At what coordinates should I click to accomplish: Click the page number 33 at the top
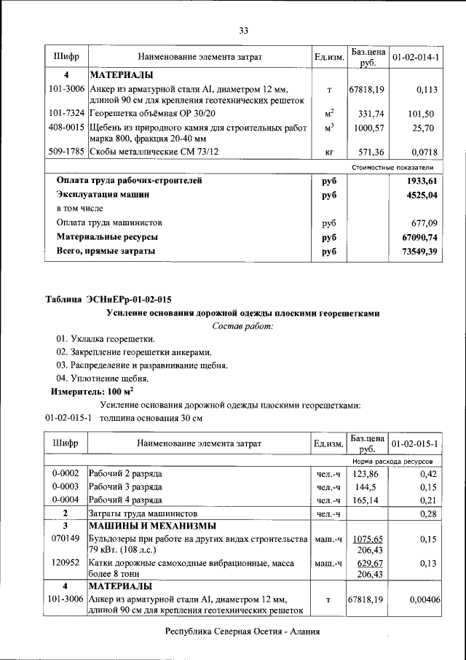coord(243,30)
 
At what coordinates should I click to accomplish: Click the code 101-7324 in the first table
coord(66,114)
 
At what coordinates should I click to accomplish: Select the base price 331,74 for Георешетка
coord(371,114)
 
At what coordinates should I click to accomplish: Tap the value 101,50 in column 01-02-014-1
coord(421,114)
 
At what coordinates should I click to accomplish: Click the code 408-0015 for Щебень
coord(66,128)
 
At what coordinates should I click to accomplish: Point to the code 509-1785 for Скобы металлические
coord(66,152)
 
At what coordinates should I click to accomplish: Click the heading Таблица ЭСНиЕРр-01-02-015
coord(108,299)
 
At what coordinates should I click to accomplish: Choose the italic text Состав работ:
coord(242,325)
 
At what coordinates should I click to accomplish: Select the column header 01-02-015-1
coord(414,443)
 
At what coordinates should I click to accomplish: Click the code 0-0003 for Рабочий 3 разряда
coord(66,486)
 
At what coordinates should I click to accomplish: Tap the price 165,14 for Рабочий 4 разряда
coord(368,500)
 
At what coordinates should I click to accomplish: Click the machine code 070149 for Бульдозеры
coord(66,538)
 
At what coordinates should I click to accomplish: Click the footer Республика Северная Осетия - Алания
coord(242,632)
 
